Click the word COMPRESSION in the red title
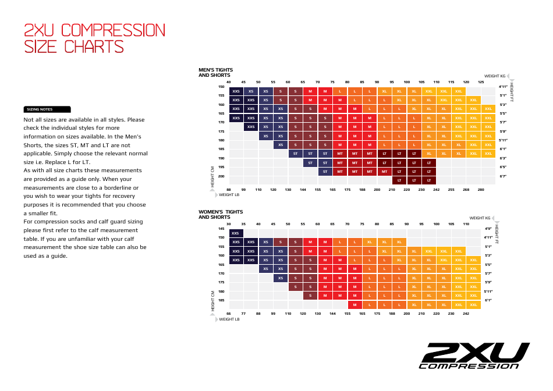tap(113, 30)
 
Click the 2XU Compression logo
tap(474, 356)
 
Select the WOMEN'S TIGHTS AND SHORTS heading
tap(221, 214)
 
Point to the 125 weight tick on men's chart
tap(481, 82)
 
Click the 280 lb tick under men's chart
tap(481, 190)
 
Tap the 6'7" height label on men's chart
tap(503, 176)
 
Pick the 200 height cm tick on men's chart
tap(221, 176)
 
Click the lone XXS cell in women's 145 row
tap(236, 233)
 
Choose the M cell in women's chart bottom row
tap(355, 305)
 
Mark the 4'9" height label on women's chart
tap(488, 229)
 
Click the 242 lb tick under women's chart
tap(466, 314)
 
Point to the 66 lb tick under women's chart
tap(229, 314)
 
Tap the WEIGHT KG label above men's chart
tap(495, 76)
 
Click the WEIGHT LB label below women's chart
tap(229, 319)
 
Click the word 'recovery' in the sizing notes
tap(132, 196)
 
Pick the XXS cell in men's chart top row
tap(236, 91)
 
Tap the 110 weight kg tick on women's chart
tap(466, 224)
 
